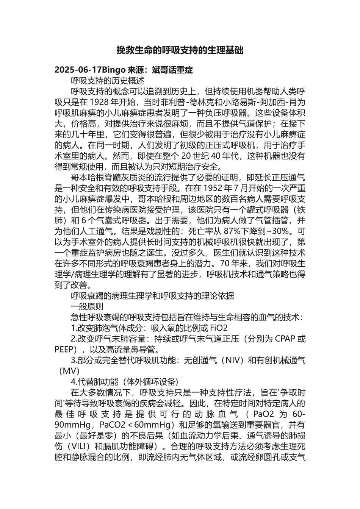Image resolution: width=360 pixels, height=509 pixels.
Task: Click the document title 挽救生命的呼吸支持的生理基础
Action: tap(180, 50)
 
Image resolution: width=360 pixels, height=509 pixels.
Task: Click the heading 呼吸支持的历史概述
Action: tap(108, 81)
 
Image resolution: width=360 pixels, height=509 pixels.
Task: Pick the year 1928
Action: tap(99, 102)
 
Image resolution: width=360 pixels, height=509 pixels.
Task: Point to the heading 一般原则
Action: tap(87, 306)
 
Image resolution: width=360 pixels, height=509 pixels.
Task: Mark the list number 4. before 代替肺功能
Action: tap(74, 381)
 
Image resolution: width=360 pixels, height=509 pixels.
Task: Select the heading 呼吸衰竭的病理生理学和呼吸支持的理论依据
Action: tap(153, 296)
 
